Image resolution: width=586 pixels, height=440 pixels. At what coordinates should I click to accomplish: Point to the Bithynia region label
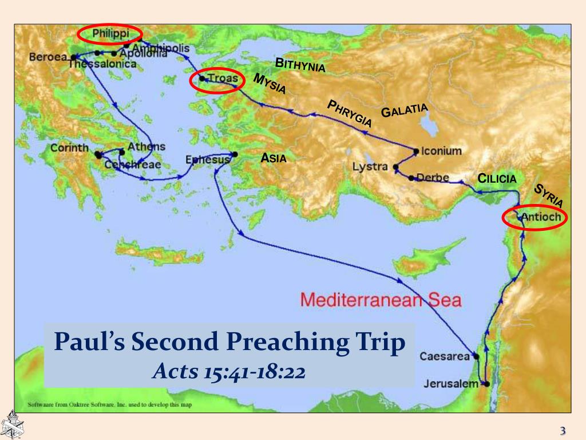click(x=300, y=65)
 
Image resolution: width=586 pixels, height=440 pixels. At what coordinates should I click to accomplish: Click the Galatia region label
click(x=405, y=110)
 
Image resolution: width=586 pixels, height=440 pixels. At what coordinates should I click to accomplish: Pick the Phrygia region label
click(x=349, y=113)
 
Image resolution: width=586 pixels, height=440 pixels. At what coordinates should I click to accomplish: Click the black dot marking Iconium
click(x=416, y=151)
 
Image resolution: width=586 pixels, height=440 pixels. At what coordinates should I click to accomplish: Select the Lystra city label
click(x=371, y=167)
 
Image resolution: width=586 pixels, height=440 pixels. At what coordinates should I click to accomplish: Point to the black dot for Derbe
click(x=411, y=178)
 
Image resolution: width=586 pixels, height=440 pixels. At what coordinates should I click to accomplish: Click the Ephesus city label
click(x=207, y=160)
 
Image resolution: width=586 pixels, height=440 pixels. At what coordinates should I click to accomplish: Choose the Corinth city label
click(x=69, y=147)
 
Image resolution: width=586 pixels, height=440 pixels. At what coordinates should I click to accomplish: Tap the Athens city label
click(x=146, y=147)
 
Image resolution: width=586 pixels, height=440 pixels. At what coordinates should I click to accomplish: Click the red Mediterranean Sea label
click(x=381, y=300)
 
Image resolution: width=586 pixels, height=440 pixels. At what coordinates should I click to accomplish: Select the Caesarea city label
click(x=445, y=356)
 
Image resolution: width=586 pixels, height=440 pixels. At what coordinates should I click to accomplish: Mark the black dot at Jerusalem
click(x=486, y=384)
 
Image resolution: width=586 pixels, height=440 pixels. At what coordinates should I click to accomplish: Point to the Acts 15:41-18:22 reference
click(x=229, y=371)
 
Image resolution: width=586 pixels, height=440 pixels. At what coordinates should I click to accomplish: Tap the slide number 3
click(x=563, y=431)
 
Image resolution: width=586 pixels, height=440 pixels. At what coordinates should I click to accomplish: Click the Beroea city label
click(x=48, y=57)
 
